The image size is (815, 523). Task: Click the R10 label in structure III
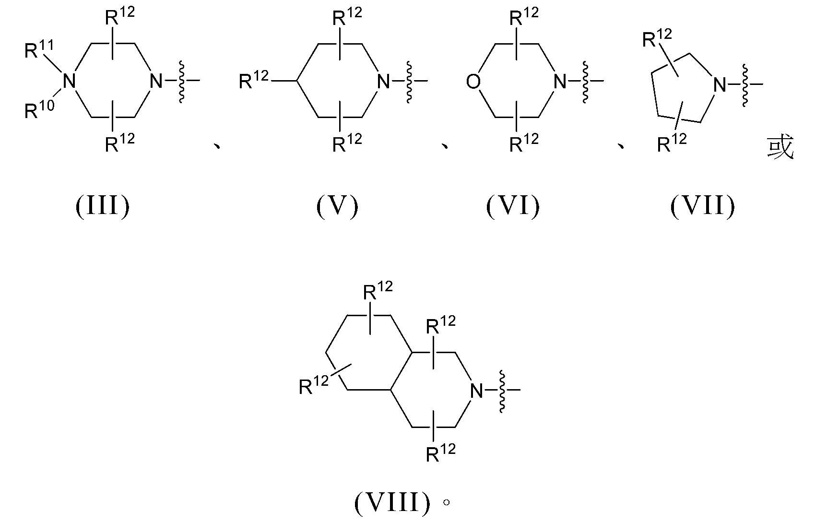(39, 109)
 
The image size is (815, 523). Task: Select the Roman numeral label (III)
(103, 206)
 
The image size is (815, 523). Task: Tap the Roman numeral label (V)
(337, 206)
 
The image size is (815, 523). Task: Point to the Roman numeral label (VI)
(513, 206)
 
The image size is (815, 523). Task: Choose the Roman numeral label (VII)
(703, 206)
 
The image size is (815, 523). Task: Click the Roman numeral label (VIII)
(392, 503)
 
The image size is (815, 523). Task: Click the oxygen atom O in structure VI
(473, 82)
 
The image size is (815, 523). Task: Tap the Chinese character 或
(780, 147)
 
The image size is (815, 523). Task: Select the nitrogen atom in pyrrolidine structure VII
(720, 85)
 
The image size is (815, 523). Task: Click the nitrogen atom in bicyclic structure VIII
(476, 391)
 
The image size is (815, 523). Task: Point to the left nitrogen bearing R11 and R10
(69, 81)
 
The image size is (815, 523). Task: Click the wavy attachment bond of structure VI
(585, 82)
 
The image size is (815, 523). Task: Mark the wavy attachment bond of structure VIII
(502, 391)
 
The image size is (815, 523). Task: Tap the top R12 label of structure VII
(657, 38)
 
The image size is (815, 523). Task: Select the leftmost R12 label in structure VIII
(314, 385)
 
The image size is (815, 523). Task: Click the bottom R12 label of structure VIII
(441, 453)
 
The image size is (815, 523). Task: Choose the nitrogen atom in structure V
(383, 82)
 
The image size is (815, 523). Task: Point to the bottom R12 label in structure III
(120, 143)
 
